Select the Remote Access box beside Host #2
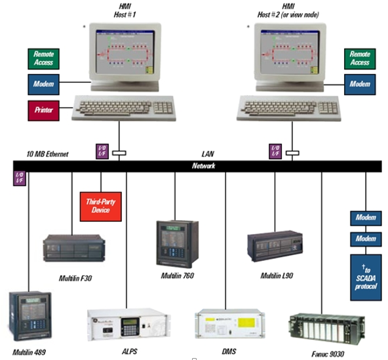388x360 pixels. click(x=359, y=58)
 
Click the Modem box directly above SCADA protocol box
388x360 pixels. click(x=364, y=238)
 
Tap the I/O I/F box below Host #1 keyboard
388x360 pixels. click(x=101, y=151)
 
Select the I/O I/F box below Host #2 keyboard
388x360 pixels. click(x=275, y=151)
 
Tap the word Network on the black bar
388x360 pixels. click(x=204, y=167)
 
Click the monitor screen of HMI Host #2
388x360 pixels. click(x=286, y=51)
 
